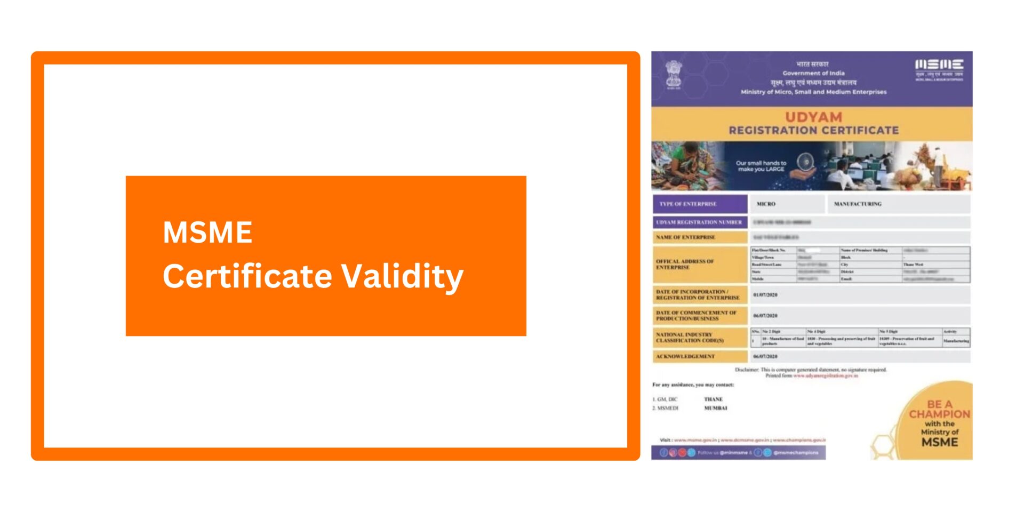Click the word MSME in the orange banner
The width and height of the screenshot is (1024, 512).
coord(207,233)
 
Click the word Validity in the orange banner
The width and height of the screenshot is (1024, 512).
coord(402,276)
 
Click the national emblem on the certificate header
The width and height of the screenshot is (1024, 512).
coord(674,75)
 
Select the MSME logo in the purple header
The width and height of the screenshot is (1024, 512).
coord(939,69)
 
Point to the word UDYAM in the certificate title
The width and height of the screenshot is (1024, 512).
coord(813,117)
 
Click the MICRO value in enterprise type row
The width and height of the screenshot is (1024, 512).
coord(766,204)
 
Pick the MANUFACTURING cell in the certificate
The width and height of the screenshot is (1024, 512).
coord(858,204)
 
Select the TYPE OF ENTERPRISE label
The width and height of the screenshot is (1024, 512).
coord(688,204)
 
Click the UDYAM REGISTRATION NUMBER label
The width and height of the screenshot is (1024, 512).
coord(699,222)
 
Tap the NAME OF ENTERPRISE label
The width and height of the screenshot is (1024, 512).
coord(686,237)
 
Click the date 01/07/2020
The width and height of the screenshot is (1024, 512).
coord(765,294)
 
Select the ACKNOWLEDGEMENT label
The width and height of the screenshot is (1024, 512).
coord(685,356)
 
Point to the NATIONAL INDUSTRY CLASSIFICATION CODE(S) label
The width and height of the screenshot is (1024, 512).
coord(690,338)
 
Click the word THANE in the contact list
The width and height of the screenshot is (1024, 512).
coord(713,399)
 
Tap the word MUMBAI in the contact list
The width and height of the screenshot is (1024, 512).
coord(716,408)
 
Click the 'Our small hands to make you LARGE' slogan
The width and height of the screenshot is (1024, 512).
coord(761,166)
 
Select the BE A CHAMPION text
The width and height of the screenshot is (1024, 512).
coord(939,409)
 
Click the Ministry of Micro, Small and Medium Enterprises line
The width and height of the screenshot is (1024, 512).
coord(813,92)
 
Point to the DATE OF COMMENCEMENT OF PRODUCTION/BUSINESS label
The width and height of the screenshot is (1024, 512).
coord(696,316)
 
